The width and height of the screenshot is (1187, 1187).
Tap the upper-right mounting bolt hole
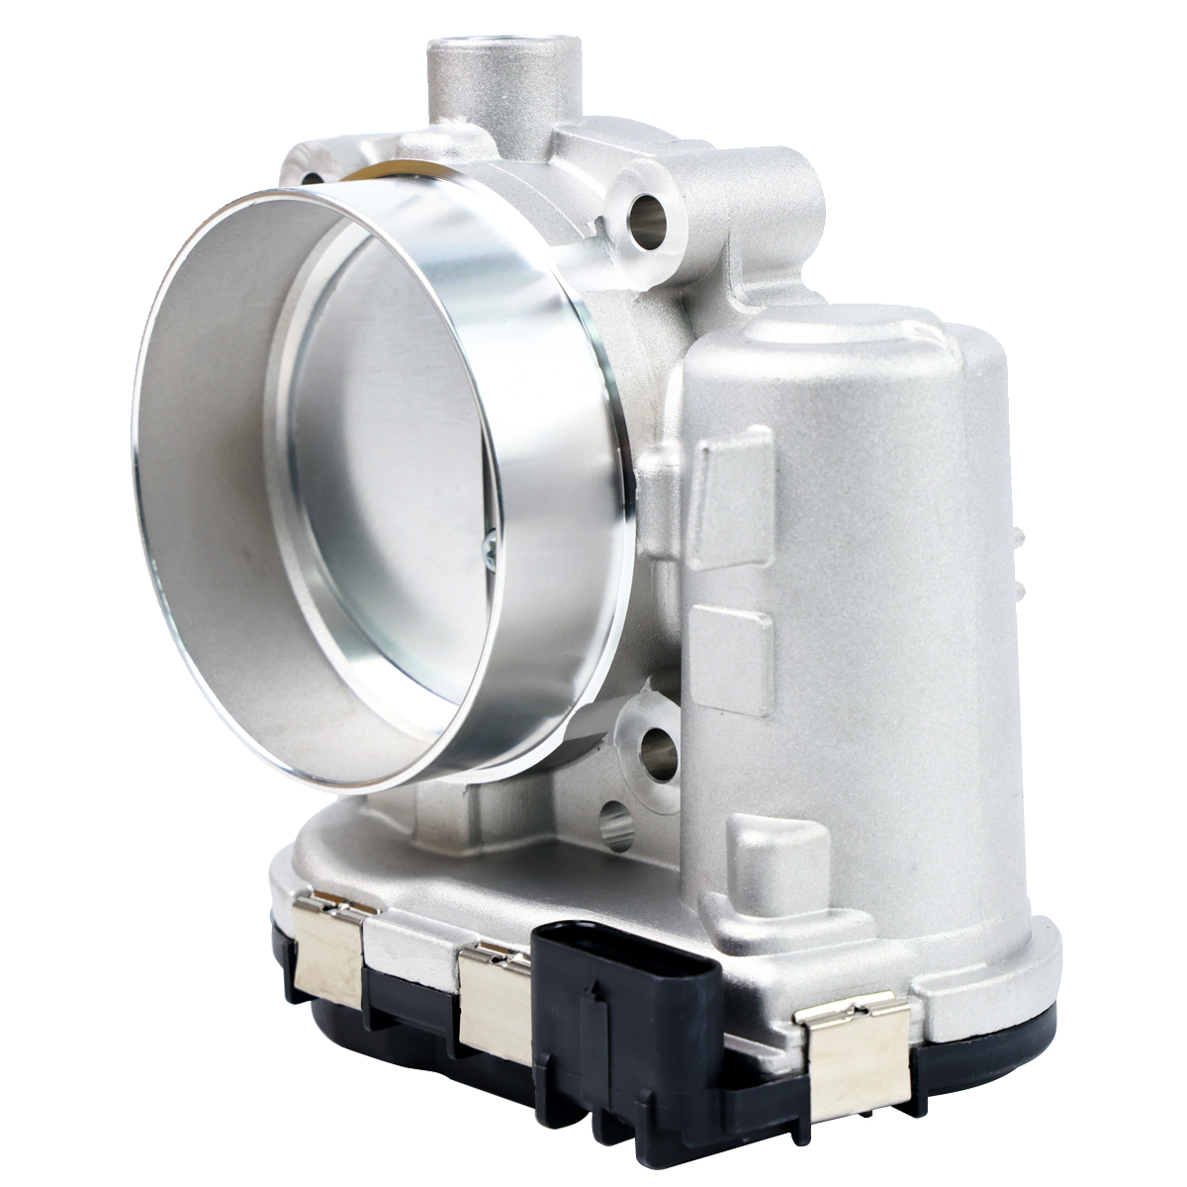pos(649,210)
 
